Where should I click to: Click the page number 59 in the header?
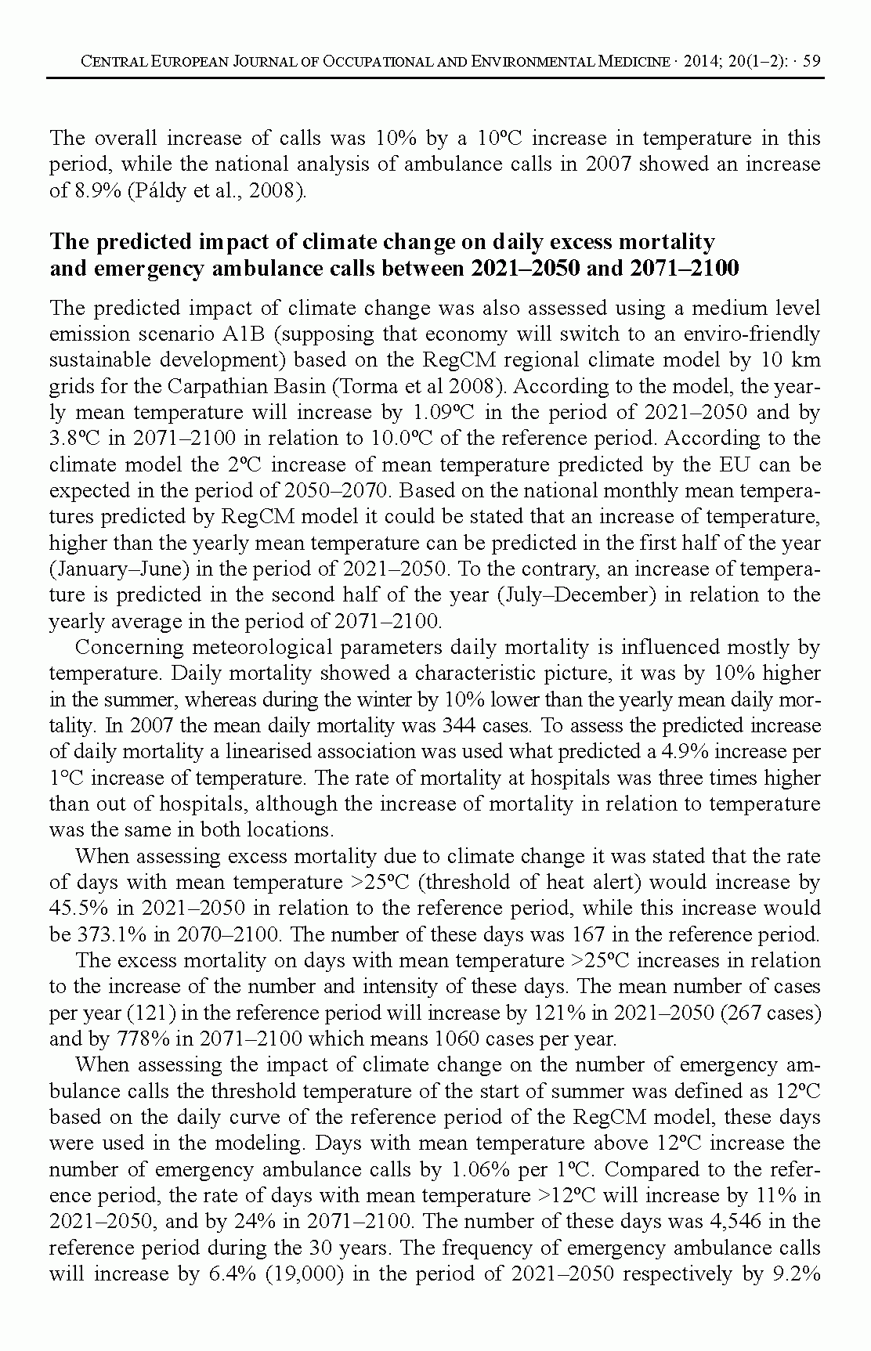coord(811,61)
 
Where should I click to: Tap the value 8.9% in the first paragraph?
coord(95,190)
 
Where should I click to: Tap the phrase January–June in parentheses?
coord(114,569)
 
